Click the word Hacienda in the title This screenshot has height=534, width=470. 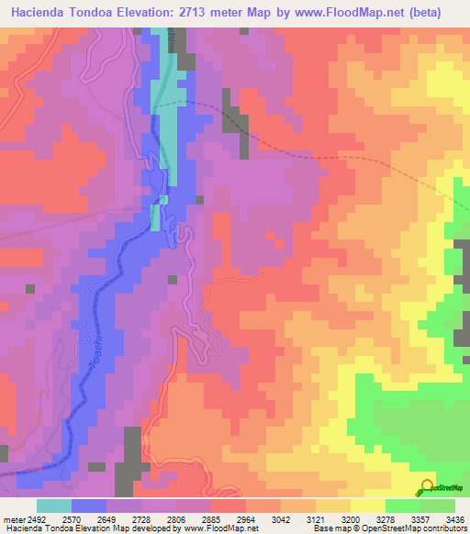[38, 13]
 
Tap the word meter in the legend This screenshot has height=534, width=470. [14, 518]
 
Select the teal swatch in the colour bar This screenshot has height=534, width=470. [54, 506]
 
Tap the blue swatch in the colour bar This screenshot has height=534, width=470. [89, 506]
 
